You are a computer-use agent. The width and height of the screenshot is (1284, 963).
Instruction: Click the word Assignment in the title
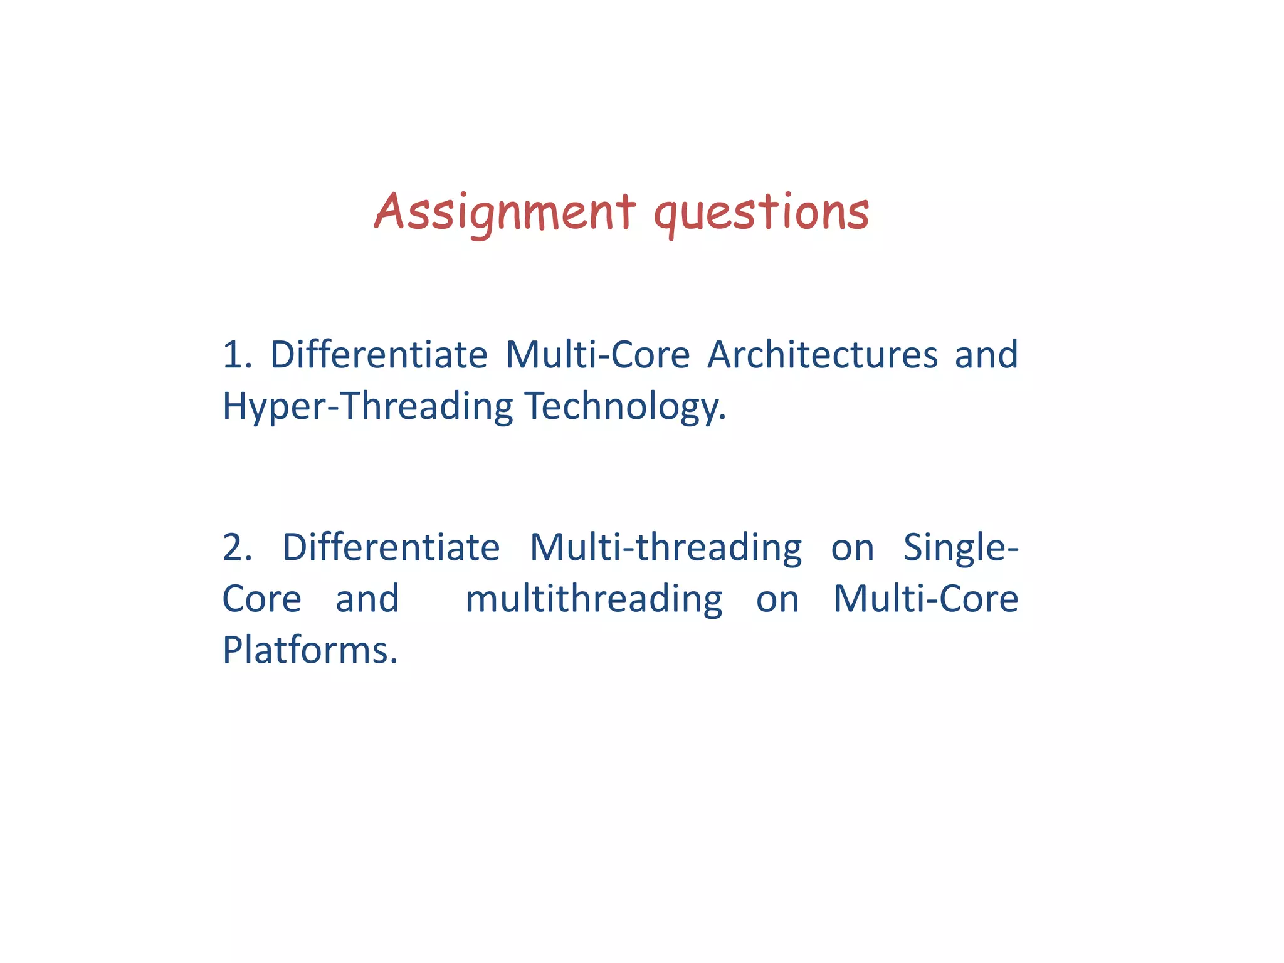tap(505, 212)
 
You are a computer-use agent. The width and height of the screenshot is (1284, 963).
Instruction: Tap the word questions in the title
tap(761, 212)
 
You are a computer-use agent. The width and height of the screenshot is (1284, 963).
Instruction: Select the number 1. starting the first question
tap(237, 355)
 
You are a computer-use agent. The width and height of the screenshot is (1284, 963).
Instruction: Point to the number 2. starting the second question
tap(237, 547)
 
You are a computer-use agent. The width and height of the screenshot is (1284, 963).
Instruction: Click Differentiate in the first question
tap(379, 355)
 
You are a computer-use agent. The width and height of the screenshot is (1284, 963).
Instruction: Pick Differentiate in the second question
tap(391, 547)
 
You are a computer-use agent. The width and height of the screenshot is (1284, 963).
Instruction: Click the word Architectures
tap(823, 355)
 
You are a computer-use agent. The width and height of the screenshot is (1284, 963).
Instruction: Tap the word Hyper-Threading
tap(368, 406)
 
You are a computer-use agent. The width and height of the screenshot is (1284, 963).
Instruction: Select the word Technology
tap(626, 406)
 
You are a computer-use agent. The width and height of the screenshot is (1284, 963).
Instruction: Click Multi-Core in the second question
tap(925, 599)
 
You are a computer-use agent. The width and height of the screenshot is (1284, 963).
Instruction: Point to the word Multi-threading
tap(666, 547)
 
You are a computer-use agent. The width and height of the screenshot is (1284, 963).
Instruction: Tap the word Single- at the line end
tap(960, 547)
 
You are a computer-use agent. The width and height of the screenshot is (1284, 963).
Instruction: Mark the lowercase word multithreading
tap(594, 599)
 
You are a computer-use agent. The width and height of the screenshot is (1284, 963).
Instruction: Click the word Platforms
tap(310, 650)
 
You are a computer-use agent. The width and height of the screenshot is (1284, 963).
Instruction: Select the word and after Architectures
tap(986, 355)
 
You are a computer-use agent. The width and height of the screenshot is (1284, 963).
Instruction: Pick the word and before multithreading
tap(367, 599)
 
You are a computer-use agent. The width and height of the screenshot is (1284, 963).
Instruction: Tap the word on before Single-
tap(852, 547)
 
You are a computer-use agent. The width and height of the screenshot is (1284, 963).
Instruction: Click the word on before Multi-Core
tap(777, 599)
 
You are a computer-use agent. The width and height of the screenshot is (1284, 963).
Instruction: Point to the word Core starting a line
tap(262, 599)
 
